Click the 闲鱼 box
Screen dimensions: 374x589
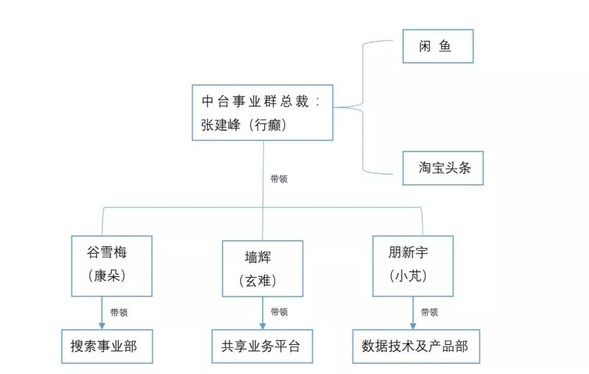coord(437,46)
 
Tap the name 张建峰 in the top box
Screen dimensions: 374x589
coord(217,124)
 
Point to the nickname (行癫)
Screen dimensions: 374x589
coord(266,124)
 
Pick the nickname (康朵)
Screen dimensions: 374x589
coord(107,276)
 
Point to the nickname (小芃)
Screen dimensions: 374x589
coord(409,276)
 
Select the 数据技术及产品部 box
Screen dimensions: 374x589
coord(415,346)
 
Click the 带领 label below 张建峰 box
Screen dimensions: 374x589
coord(279,178)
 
